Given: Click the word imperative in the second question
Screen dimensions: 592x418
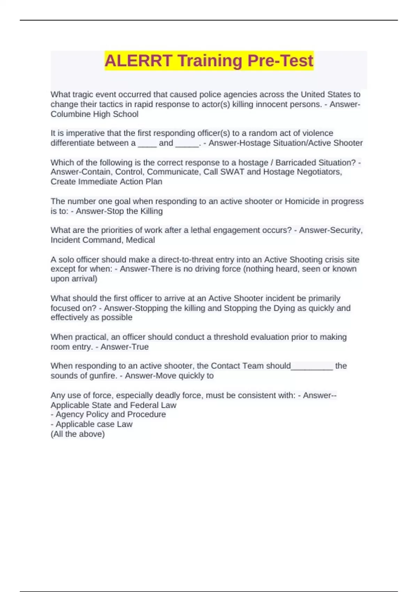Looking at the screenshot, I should [x=82, y=133].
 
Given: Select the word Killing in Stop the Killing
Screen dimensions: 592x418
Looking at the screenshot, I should [x=151, y=211].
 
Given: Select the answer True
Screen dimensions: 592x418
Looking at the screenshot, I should [x=139, y=347].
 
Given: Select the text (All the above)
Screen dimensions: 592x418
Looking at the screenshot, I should [x=78, y=434].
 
